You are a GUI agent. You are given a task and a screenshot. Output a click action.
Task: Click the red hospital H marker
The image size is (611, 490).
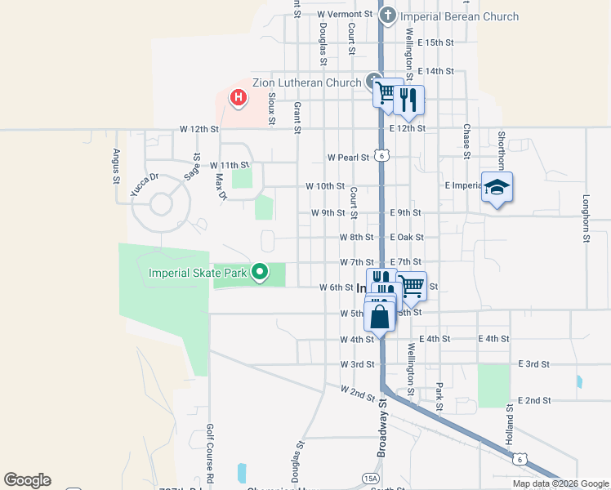(x=238, y=99)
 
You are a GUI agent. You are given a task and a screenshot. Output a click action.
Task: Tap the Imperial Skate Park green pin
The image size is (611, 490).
(x=260, y=272)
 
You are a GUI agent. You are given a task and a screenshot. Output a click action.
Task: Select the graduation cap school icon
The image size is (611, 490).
(x=497, y=188)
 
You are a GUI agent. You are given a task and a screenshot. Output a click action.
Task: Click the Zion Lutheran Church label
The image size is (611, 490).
(x=295, y=82)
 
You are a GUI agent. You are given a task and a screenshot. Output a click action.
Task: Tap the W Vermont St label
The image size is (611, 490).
(x=345, y=15)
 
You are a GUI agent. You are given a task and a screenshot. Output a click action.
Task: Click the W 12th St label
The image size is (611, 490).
(x=199, y=129)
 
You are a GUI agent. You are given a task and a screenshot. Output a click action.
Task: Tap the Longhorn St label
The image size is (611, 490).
(x=586, y=218)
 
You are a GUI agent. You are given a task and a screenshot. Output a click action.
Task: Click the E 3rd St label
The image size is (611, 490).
(x=535, y=363)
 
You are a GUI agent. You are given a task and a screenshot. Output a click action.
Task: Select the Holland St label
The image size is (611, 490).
(x=508, y=430)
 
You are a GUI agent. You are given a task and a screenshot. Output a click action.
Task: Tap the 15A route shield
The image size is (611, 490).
(x=372, y=479)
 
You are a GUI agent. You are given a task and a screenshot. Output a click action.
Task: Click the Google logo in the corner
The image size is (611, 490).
(x=27, y=480)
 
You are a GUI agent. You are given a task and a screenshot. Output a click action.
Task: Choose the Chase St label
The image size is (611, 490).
(x=466, y=141)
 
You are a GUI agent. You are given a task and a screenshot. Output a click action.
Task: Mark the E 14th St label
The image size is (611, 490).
(x=435, y=71)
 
